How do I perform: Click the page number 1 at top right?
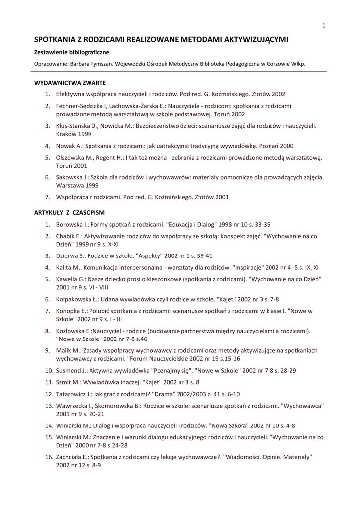(x=323, y=26)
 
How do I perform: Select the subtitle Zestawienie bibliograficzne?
(x=72, y=52)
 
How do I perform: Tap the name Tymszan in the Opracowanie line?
(x=115, y=64)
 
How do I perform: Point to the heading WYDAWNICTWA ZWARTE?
(x=70, y=82)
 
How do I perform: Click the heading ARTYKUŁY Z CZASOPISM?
(x=69, y=212)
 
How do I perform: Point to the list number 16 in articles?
(x=49, y=457)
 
